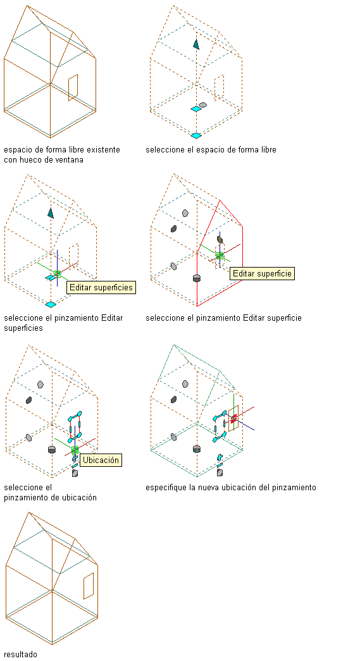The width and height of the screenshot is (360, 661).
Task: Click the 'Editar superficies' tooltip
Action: [x=101, y=288]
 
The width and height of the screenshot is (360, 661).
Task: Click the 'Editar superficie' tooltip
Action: [x=262, y=273]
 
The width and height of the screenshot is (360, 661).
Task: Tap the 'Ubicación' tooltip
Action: [x=101, y=460]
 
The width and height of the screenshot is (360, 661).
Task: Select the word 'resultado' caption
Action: [x=21, y=654]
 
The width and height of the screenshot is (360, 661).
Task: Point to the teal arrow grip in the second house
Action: [x=196, y=44]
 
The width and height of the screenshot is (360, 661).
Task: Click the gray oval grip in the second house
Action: [x=202, y=104]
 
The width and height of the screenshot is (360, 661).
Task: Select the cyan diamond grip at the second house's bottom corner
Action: [x=196, y=135]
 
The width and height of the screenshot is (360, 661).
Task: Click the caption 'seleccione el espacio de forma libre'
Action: [x=211, y=150]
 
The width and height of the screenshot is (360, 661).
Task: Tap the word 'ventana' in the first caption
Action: [x=70, y=160]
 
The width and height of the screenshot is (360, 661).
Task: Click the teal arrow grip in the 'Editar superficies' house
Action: [x=51, y=213]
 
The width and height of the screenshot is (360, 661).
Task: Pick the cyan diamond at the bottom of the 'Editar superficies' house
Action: [x=51, y=304]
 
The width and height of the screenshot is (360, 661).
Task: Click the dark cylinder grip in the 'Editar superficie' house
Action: [x=196, y=278]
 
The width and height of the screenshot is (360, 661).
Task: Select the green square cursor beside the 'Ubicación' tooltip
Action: [x=75, y=450]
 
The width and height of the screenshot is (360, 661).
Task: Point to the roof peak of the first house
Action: [x=27, y=6]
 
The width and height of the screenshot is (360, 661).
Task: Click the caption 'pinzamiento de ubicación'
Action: [x=50, y=498]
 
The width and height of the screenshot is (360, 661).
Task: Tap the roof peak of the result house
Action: [x=28, y=512]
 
